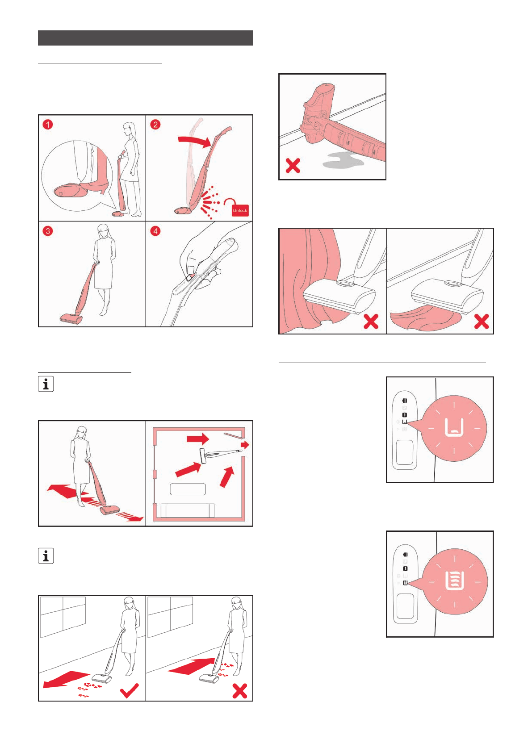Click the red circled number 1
(48, 125)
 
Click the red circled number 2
(155, 125)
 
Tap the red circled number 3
(48, 231)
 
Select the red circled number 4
(155, 231)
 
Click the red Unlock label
(240, 210)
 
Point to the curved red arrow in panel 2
(195, 140)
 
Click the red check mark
(129, 690)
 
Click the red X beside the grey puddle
(293, 166)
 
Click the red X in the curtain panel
(371, 321)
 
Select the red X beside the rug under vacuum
(481, 321)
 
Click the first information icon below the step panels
(46, 384)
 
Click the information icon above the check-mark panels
(46, 556)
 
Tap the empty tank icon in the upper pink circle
(454, 427)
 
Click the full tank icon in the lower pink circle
(455, 581)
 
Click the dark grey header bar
(146, 38)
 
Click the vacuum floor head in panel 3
(71, 318)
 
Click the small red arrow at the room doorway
(245, 445)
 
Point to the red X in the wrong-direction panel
(239, 690)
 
